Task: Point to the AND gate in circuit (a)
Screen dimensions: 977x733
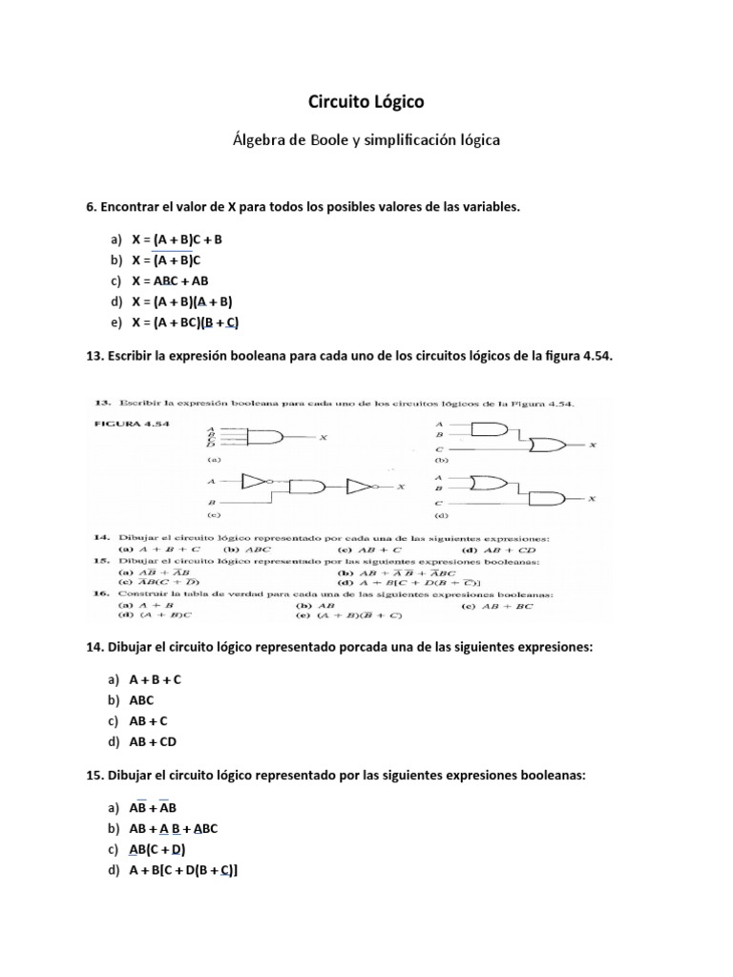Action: [x=264, y=437]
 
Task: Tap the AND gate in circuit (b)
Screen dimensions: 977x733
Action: [x=490, y=430]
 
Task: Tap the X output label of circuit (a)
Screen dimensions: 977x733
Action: [x=324, y=437]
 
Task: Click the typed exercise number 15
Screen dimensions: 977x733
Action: [x=94, y=775]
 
